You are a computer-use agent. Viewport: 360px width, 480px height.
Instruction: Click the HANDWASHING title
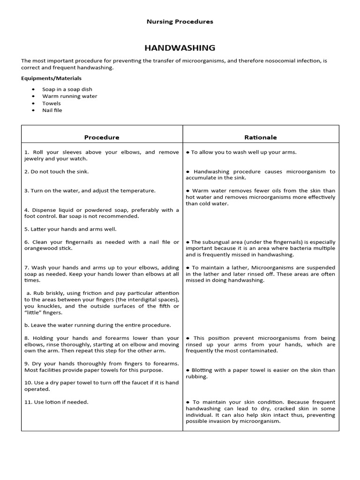[180, 48]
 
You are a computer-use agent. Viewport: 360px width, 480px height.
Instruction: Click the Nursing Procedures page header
[180, 22]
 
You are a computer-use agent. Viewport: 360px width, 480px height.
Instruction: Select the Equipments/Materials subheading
[51, 78]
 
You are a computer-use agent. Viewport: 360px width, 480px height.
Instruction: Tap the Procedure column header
[102, 137]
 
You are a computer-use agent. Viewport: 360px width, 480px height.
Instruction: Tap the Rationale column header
[261, 137]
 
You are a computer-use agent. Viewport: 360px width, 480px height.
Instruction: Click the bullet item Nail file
[52, 110]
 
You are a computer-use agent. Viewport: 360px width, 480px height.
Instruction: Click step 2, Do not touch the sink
[56, 172]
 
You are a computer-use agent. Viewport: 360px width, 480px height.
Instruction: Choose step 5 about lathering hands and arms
[70, 229]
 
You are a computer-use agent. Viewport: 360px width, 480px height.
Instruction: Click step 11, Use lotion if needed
[56, 402]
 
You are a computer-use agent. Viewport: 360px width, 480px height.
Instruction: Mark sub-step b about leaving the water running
[97, 325]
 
